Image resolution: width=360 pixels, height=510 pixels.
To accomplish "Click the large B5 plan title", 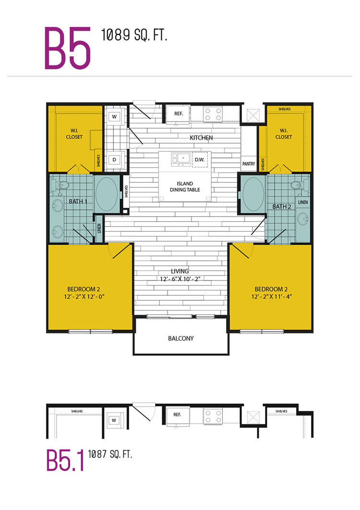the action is coord(67,48).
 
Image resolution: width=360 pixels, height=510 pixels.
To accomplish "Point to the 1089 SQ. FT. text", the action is coord(134,35).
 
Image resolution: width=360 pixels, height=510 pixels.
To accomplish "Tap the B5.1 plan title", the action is coord(65,460).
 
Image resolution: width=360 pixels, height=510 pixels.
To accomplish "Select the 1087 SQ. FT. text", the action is coord(110,454).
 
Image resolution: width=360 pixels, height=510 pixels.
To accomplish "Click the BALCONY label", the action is coord(181,338).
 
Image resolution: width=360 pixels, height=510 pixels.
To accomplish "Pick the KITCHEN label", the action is coord(201,137).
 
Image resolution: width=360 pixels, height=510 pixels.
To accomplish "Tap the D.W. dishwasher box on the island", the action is coord(200,159).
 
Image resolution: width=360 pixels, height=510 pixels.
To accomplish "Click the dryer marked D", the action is coord(114,160).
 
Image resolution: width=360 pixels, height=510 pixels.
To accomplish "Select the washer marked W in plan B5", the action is coord(114,116).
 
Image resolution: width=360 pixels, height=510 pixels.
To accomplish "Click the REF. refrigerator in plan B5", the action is coord(178,114).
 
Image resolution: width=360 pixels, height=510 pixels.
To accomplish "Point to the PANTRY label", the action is coord(249,164).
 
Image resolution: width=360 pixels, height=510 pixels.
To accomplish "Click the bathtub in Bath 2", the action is coord(253,194).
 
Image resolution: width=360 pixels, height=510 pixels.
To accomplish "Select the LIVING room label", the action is coord(180,271).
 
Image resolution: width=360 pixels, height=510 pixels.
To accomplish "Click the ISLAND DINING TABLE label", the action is coord(185,186).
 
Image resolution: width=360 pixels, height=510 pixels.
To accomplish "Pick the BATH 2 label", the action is coord(282,206).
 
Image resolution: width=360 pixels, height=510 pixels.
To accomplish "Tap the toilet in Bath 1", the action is coord(62,185).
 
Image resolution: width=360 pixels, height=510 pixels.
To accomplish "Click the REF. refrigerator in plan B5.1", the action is coord(177,415).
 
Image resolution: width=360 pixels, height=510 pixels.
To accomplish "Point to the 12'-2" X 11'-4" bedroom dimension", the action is coord(272,296).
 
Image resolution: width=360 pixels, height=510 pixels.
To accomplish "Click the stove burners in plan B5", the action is coord(213,114).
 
